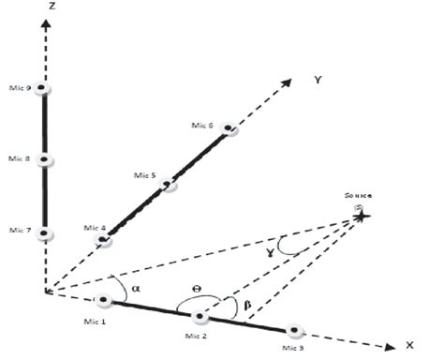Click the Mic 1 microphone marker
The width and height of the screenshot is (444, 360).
(x=103, y=301)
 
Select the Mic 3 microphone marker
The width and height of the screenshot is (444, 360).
(x=295, y=331)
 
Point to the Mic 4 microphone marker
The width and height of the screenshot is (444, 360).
(x=104, y=241)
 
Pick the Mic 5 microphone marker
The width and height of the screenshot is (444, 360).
(x=170, y=185)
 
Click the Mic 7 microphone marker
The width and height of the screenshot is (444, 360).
(x=43, y=234)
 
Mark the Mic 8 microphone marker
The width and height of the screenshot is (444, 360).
(x=43, y=159)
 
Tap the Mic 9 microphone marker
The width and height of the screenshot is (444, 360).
(x=43, y=89)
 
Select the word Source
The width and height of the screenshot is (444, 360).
(x=357, y=198)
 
